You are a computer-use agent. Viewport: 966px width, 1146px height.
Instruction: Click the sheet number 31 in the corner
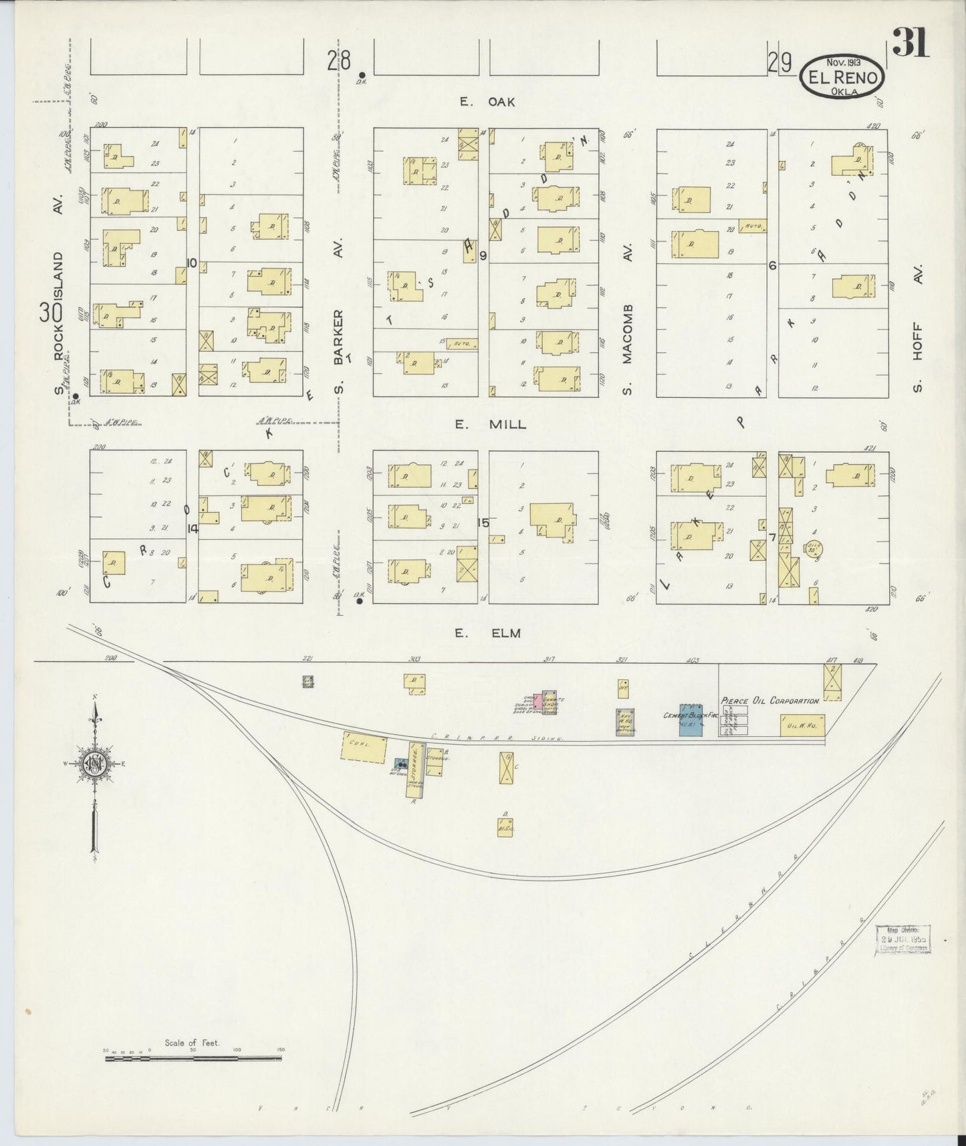click(x=911, y=44)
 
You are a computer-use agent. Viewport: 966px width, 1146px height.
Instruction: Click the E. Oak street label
click(x=487, y=102)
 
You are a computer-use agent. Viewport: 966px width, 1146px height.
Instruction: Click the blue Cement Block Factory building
click(x=691, y=720)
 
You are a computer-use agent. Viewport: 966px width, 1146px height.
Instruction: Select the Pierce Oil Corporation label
click(x=770, y=701)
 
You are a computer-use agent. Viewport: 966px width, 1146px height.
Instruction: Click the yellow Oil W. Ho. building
click(x=802, y=725)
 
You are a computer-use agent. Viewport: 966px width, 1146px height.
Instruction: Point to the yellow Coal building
click(x=364, y=747)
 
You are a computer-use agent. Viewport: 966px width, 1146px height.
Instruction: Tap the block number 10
click(x=192, y=263)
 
